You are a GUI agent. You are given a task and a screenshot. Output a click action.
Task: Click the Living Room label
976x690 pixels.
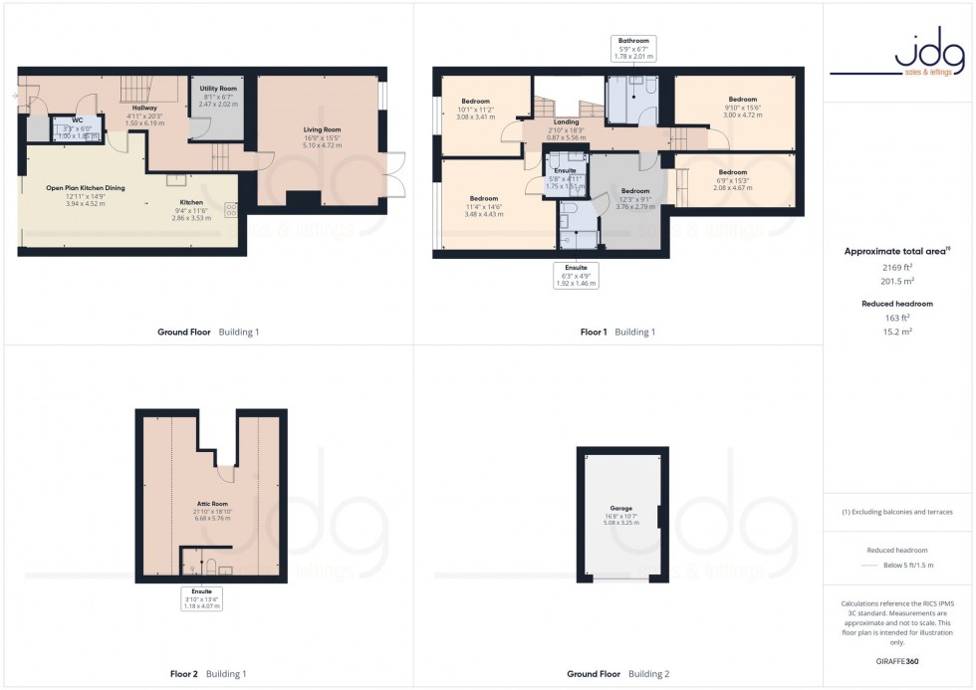click(323, 129)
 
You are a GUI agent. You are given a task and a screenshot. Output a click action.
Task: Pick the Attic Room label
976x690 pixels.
click(211, 507)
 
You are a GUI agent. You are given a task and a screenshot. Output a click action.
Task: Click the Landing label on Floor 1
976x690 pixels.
click(565, 122)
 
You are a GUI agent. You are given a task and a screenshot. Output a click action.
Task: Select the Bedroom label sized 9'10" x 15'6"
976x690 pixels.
click(742, 100)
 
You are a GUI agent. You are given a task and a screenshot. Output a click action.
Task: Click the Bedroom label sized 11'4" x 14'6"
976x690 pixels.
click(483, 198)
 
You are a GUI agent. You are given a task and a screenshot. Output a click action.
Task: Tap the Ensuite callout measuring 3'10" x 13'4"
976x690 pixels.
click(201, 597)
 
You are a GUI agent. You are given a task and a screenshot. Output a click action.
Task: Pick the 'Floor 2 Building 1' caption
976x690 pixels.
click(208, 674)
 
